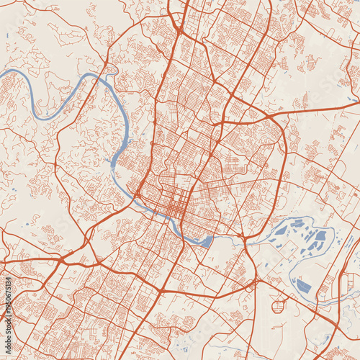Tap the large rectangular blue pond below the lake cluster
tap(303, 286)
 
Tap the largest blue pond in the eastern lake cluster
tap(317, 240)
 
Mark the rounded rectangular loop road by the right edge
tap(345, 284)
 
